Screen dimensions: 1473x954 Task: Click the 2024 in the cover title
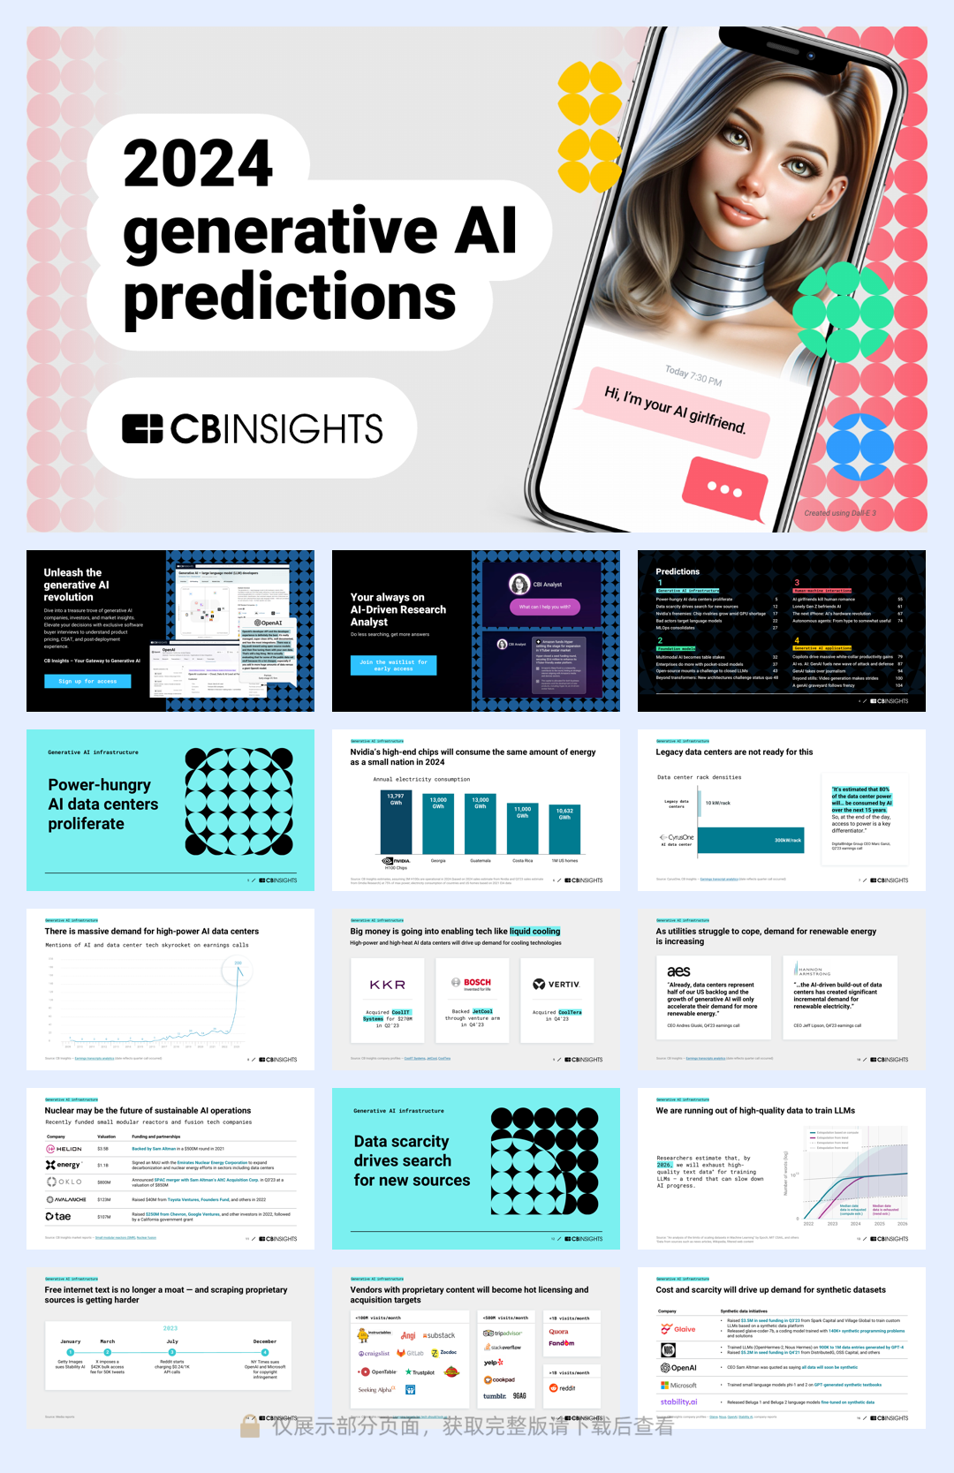tap(198, 163)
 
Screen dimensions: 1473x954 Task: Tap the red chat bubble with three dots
tap(725, 489)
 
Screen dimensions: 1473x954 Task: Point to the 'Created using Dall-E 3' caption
tap(840, 513)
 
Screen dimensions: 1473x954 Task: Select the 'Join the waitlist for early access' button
tap(393, 665)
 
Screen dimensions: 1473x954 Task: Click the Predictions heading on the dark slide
tap(678, 571)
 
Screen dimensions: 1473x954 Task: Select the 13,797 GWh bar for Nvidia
tap(396, 821)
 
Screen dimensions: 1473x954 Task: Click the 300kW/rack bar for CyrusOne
tap(750, 840)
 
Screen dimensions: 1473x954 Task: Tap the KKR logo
tap(388, 985)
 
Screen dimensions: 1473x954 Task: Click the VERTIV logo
tap(557, 985)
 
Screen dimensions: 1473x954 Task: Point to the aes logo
tap(679, 971)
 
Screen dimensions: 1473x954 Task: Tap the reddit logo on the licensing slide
tap(563, 1388)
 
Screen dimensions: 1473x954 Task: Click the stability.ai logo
tap(678, 1401)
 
